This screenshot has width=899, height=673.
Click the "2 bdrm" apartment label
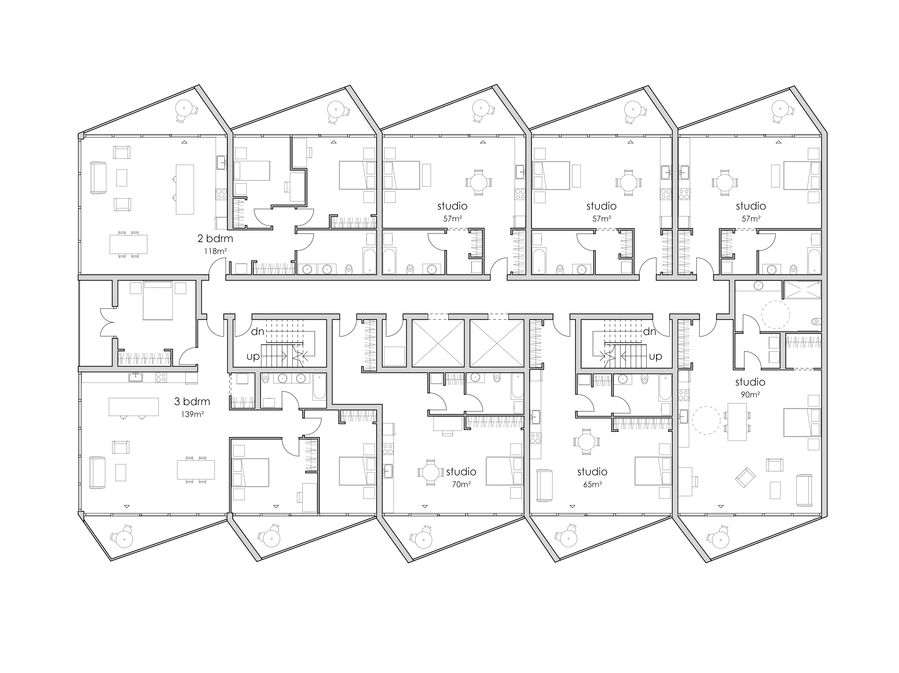(215, 238)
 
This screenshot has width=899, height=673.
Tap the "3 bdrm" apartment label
(192, 402)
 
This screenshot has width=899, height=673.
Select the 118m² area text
(215, 251)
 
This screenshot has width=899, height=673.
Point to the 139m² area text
(193, 415)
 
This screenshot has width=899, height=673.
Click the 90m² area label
(750, 394)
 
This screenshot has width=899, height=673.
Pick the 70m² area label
(461, 484)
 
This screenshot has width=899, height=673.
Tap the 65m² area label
(592, 484)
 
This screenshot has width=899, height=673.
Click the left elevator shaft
(438, 343)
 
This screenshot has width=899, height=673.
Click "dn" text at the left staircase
(258, 332)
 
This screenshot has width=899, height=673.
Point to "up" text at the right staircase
(655, 356)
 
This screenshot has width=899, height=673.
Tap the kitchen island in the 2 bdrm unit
(184, 189)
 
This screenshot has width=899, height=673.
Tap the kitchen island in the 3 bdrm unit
(133, 406)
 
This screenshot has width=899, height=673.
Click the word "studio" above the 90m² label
(750, 382)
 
